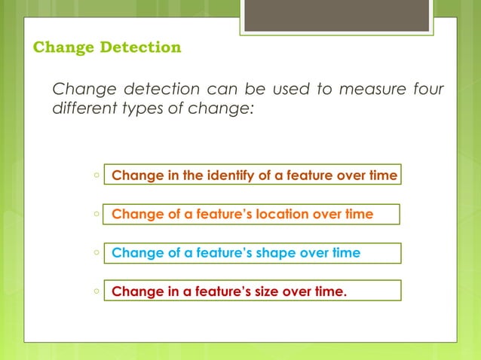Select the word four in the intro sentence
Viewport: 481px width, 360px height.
click(427, 90)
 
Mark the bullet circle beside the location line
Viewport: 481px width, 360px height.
click(97, 214)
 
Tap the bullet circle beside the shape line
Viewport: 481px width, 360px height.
click(97, 253)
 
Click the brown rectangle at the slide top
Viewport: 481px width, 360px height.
click(336, 15)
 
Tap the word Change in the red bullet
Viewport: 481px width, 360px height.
click(133, 291)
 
